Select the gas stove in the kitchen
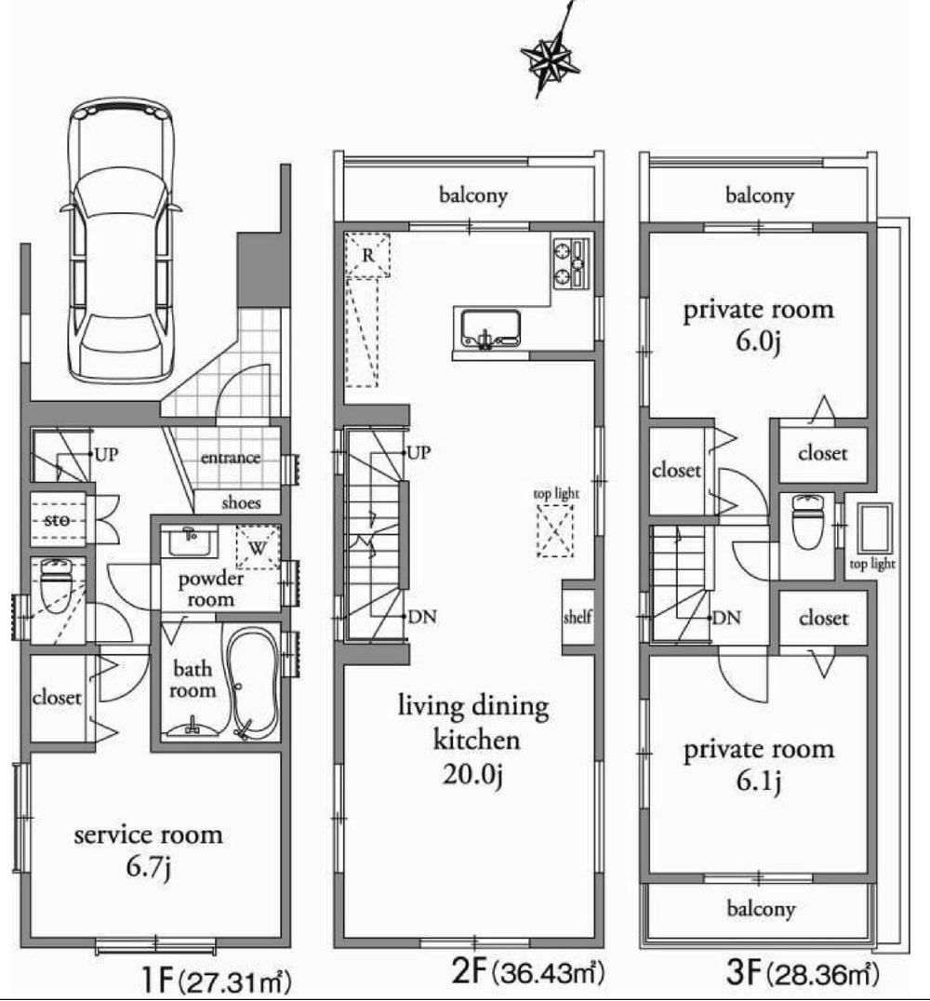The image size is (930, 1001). [572, 261]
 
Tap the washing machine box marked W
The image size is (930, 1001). [258, 548]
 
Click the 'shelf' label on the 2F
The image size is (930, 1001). [578, 618]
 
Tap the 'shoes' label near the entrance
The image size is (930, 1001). [241, 502]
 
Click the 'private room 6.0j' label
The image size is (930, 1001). [759, 325]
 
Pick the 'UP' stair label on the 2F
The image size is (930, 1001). [418, 453]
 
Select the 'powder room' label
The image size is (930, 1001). [211, 588]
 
